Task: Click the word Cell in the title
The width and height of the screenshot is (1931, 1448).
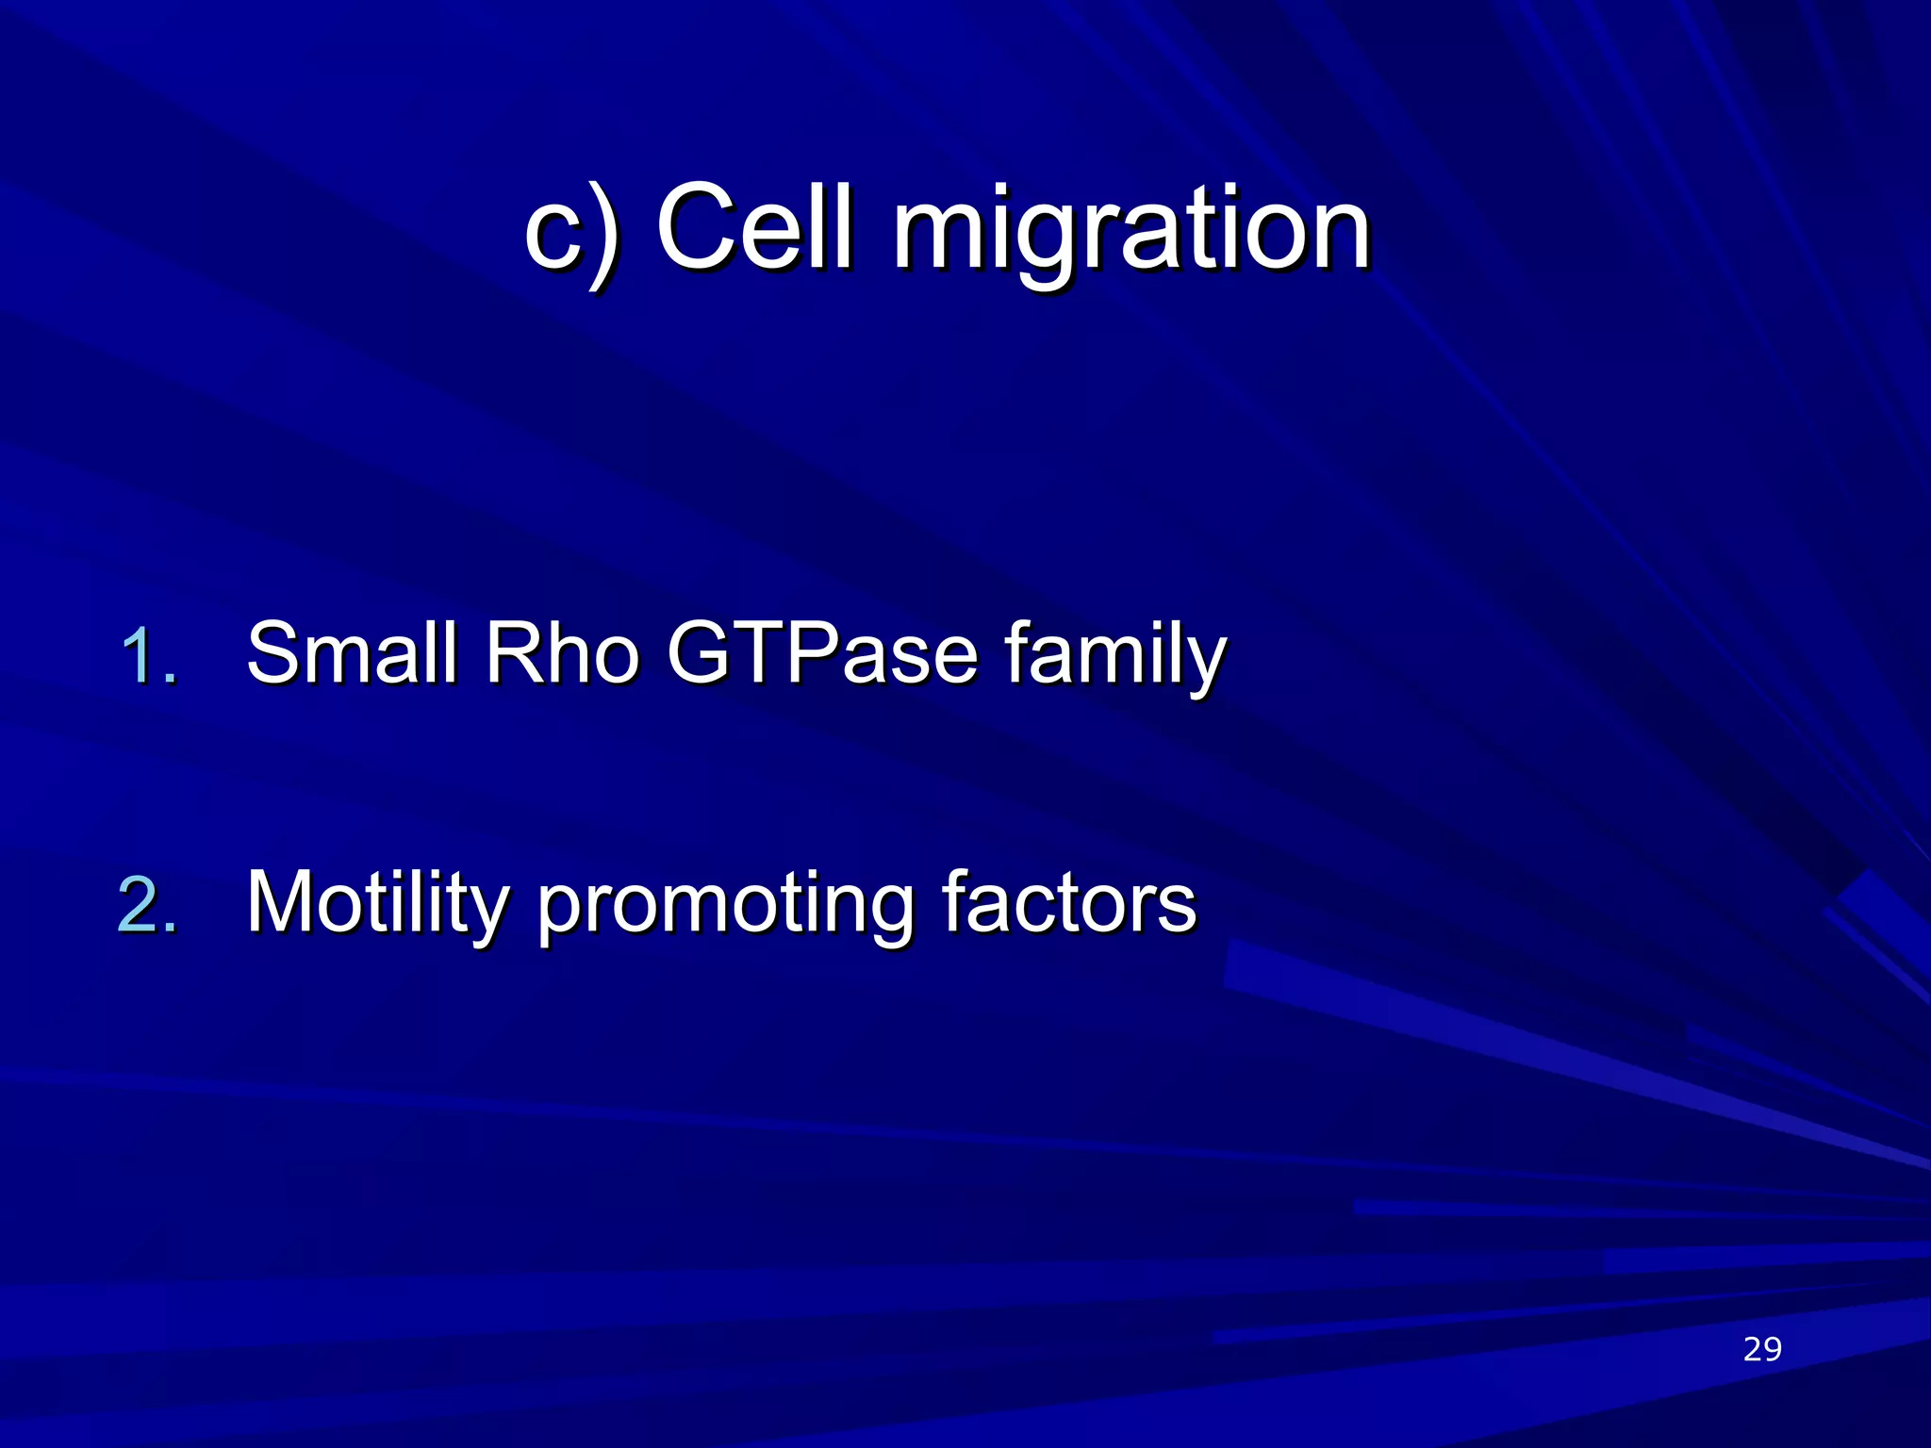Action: tap(754, 229)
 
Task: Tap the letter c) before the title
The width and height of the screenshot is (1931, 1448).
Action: tap(571, 232)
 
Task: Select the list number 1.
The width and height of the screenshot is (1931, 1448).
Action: tap(149, 657)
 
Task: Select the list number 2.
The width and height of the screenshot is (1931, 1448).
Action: tap(148, 906)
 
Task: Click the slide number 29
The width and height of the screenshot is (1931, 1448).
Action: tap(1762, 1349)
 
